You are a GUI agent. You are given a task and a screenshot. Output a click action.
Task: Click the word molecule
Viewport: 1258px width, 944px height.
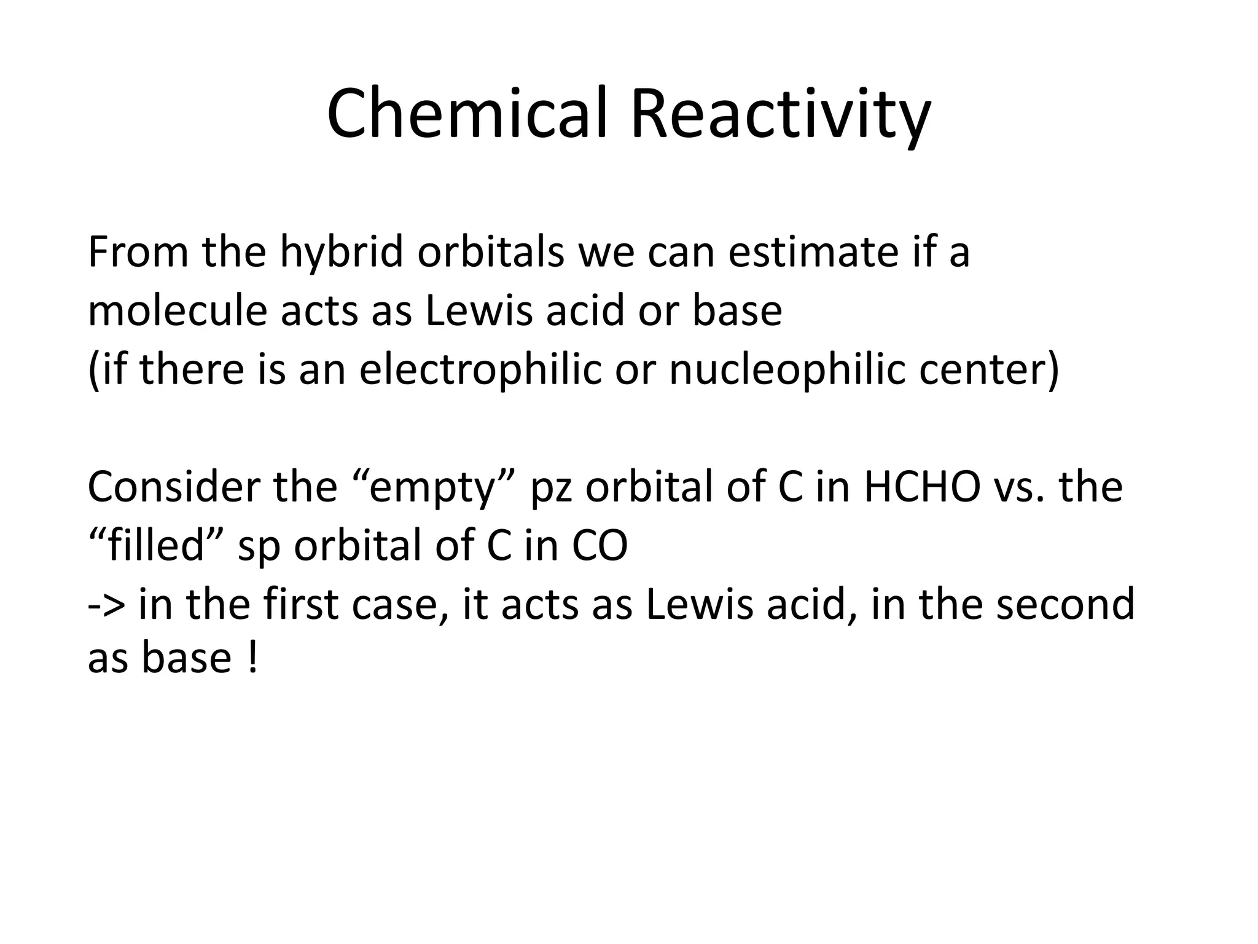click(x=178, y=310)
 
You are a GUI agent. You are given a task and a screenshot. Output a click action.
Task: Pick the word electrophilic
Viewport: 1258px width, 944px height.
click(x=480, y=370)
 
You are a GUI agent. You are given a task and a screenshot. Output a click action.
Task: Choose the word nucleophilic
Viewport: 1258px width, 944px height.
click(x=787, y=370)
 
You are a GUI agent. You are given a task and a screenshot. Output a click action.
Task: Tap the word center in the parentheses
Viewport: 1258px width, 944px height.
click(x=989, y=370)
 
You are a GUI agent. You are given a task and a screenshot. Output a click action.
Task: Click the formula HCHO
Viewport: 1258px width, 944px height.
click(x=922, y=487)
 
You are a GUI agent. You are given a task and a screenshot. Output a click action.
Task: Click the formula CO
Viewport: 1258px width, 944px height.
click(x=600, y=546)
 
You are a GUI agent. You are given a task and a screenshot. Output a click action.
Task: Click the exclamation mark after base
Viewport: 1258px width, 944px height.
click(x=251, y=659)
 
